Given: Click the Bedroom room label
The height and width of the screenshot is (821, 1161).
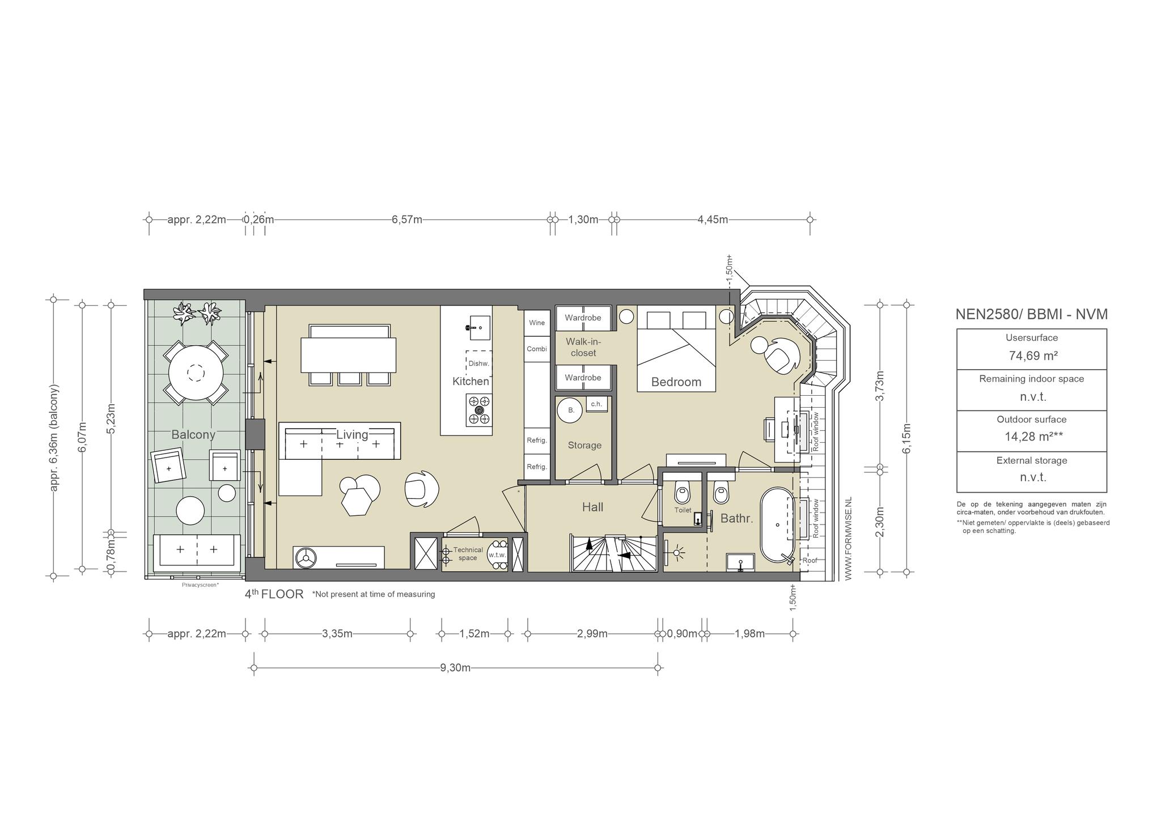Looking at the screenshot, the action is click(676, 382).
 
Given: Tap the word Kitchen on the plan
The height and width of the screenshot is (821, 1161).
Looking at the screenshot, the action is click(471, 382).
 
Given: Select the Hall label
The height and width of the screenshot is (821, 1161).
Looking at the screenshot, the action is click(592, 507).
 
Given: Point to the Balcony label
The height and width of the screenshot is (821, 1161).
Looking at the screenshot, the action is click(193, 435).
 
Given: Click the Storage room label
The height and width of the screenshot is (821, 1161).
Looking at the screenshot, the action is click(584, 446).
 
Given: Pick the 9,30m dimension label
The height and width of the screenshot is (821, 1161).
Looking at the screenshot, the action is click(455, 668).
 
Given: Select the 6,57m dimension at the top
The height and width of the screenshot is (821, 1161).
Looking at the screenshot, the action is click(406, 220).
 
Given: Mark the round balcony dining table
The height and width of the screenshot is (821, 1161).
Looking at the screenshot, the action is click(196, 373).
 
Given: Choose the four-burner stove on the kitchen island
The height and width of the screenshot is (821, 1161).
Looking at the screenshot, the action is click(479, 410).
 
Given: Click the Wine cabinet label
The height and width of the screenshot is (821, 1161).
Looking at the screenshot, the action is click(537, 323).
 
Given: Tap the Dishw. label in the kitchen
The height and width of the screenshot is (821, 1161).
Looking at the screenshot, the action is click(478, 364).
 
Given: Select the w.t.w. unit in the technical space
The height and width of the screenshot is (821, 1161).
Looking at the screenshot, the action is click(497, 555).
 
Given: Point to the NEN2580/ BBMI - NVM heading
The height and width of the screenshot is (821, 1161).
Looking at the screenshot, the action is click(1031, 315).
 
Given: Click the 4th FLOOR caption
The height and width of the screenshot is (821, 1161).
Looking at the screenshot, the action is click(274, 594).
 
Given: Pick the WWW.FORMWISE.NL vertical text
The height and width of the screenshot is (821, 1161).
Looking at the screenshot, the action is click(848, 539).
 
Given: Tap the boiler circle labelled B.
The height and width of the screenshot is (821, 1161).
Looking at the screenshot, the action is click(570, 410).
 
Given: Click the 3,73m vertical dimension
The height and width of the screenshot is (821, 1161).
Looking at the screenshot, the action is click(880, 386).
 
